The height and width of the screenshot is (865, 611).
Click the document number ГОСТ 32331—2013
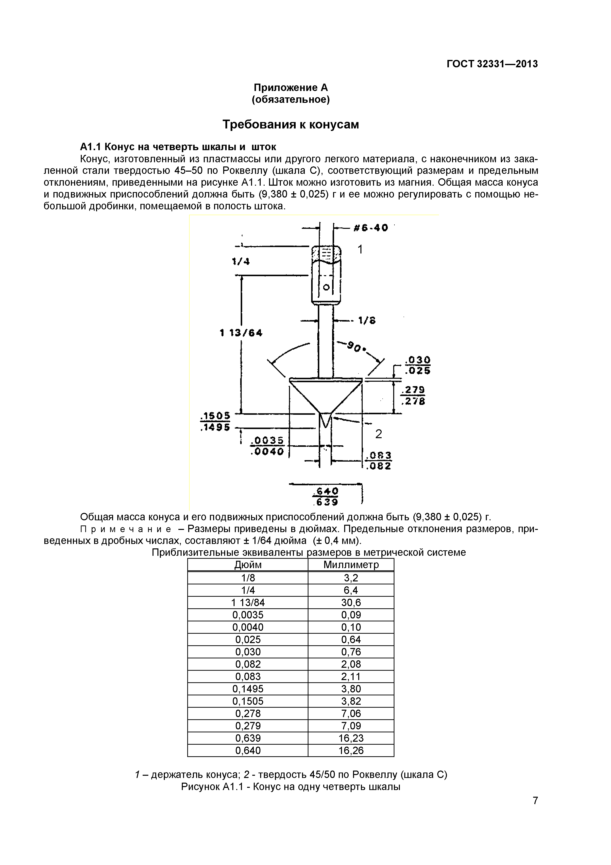tap(492, 64)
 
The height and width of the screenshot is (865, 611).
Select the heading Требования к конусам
tap(291, 124)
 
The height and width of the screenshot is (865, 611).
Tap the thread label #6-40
tap(371, 228)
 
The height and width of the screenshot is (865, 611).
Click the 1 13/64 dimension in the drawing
tap(241, 333)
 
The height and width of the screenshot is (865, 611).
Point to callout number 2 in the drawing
tap(379, 434)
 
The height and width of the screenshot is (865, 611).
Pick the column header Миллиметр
tap(351, 565)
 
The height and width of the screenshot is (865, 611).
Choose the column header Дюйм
tap(248, 565)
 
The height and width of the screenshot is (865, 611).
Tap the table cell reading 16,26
tap(351, 751)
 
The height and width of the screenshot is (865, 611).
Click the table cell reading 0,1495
tap(248, 689)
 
